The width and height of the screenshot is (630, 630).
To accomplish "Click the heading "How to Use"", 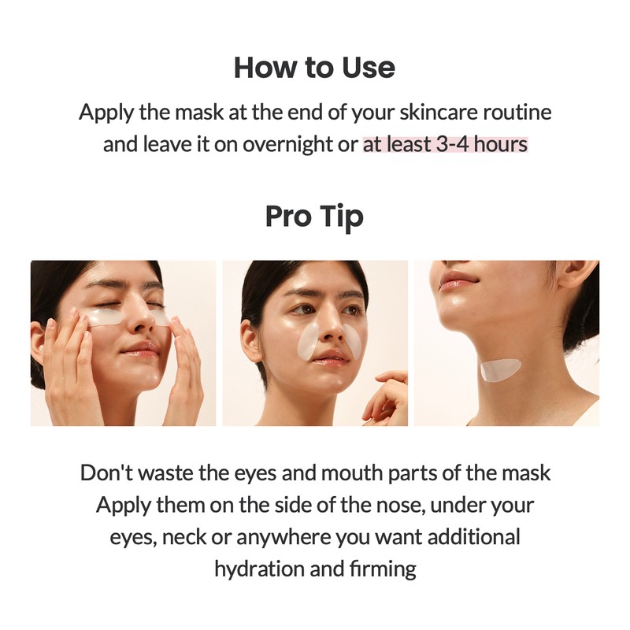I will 314,68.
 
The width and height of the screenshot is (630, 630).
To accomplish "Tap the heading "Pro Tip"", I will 314,215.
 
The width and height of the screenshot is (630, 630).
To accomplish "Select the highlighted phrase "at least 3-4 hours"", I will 445,146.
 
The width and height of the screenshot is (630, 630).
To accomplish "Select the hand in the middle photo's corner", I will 387,398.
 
